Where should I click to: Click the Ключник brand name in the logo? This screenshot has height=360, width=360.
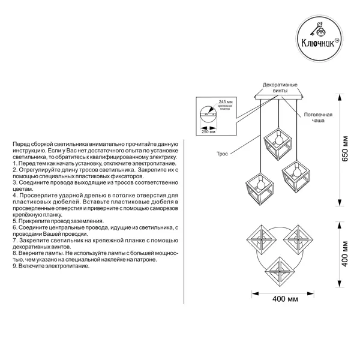pos(318,43)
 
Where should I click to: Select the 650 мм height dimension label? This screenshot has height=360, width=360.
pos(345,149)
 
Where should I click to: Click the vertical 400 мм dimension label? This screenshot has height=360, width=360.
pos(345,254)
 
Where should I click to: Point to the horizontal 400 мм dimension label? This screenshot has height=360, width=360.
pos(285,299)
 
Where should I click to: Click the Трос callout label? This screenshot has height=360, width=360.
pos(222,154)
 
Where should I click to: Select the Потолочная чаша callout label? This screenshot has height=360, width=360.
pos(318,118)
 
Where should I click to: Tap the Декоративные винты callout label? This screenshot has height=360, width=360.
pos(280,88)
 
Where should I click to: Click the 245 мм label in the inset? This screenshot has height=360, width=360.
pos(226,101)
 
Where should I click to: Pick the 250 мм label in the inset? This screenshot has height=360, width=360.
pos(208,132)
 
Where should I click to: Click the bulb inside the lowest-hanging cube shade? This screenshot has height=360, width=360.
pos(260,184)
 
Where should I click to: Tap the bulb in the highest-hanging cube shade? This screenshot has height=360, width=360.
pos(278,138)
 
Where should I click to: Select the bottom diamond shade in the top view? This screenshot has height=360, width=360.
pos(280,272)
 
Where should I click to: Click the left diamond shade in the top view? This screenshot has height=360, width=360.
pos(261,239)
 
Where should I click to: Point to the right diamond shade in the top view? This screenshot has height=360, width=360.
pos(298,239)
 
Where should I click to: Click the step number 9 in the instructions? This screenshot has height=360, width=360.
pos(14,266)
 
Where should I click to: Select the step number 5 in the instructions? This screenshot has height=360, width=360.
pos(14,221)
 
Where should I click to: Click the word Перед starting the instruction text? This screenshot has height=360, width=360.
pos(21,144)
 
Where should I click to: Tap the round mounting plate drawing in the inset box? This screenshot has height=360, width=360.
pos(208,115)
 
